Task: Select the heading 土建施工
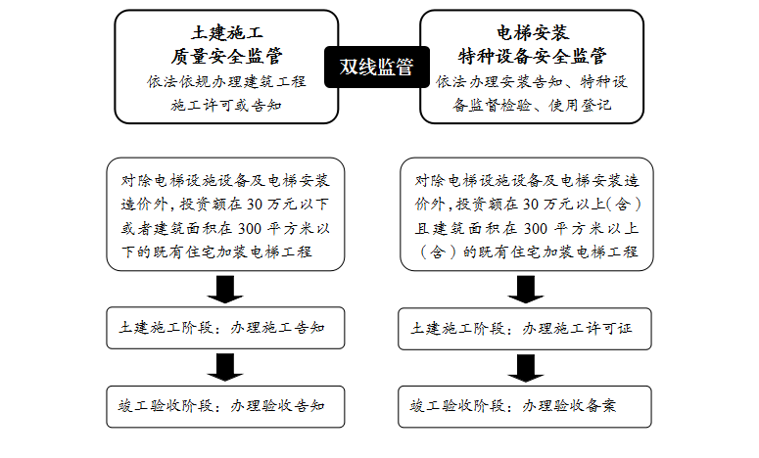tap(224, 33)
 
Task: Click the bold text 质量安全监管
tap(224, 56)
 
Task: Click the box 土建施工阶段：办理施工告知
tap(226, 329)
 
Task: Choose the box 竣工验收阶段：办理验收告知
tap(226, 405)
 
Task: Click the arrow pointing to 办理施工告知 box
tap(226, 290)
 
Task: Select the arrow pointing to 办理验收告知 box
tap(226, 367)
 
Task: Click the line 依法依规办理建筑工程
tap(224, 80)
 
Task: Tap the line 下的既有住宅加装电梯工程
tap(216, 252)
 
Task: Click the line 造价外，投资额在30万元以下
tap(226, 205)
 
